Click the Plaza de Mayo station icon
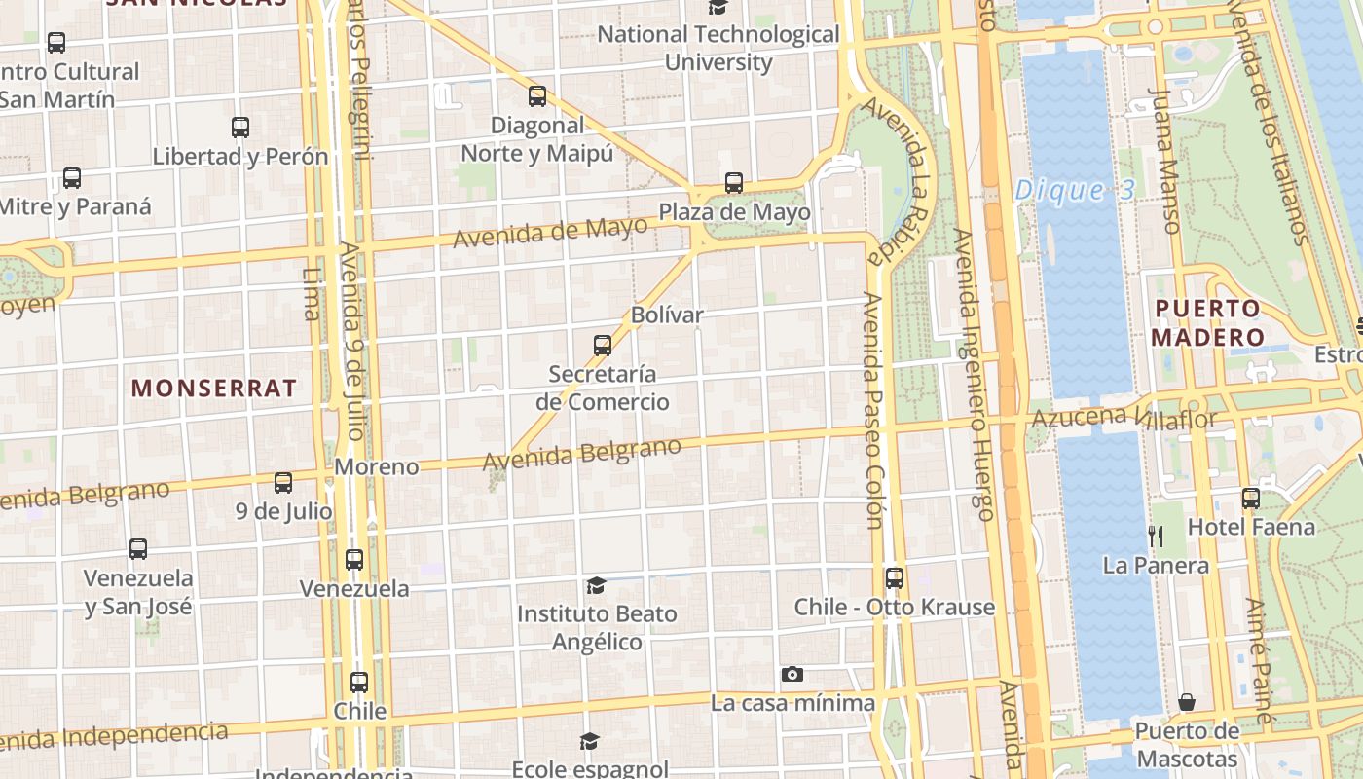(734, 183)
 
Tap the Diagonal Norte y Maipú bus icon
(536, 96)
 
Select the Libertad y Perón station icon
(240, 128)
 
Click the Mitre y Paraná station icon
(72, 178)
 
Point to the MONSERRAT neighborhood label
(214, 388)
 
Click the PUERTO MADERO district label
(1207, 323)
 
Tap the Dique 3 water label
(1075, 190)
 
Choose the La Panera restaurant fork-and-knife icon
(1156, 535)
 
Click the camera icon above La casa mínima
(792, 674)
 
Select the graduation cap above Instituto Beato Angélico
(596, 585)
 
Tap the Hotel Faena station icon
(1251, 499)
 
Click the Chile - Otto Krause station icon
(895, 578)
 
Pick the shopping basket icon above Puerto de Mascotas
(1187, 702)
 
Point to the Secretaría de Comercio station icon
(603, 346)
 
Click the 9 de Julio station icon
(283, 482)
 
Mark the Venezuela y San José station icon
(138, 549)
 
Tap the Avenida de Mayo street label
(550, 231)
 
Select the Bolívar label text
(667, 315)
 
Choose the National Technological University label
(718, 48)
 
